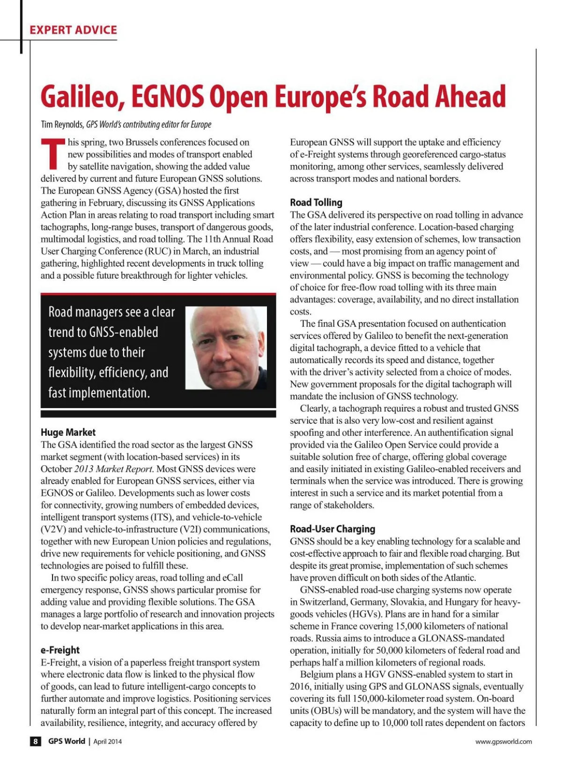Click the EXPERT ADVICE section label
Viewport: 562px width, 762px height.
73,30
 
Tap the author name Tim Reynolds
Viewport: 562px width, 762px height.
62,125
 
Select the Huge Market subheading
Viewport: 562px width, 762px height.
68,432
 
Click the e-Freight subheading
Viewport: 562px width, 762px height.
60,650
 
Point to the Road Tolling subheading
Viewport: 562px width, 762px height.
316,202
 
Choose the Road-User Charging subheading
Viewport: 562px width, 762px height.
333,529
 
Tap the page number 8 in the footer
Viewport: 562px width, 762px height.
36,741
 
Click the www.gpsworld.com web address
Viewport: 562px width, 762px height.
503,741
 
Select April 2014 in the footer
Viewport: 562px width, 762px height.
107,741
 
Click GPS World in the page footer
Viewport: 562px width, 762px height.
67,741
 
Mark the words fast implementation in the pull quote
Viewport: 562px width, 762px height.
99,393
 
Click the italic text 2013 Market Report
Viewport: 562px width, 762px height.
114,469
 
